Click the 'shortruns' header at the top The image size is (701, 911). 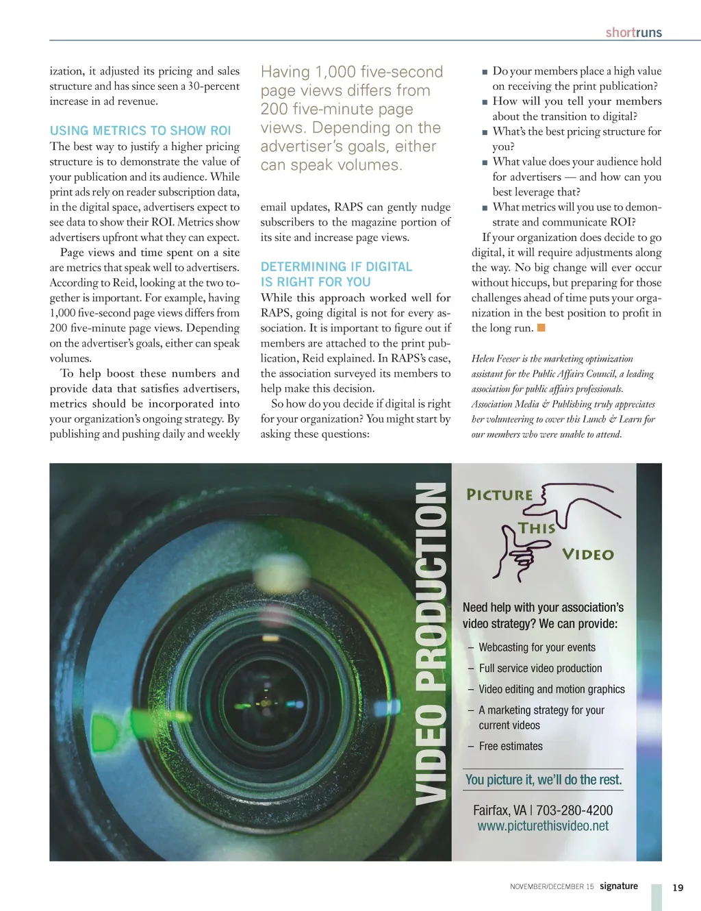[x=633, y=32]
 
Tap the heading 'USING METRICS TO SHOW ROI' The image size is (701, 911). [x=140, y=130]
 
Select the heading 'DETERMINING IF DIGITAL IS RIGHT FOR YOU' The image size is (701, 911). [x=336, y=274]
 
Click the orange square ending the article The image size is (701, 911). [x=541, y=327]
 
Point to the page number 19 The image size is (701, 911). [x=678, y=888]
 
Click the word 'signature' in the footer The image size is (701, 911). [x=619, y=886]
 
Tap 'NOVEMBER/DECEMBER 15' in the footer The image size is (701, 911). [x=552, y=886]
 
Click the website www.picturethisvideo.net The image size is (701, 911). [x=543, y=826]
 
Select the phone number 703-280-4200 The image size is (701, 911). [x=574, y=810]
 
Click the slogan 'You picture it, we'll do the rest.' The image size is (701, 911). [x=543, y=779]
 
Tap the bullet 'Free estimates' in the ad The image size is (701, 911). [x=511, y=746]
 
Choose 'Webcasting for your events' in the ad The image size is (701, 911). [x=537, y=647]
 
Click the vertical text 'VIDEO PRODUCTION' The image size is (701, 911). [x=431, y=644]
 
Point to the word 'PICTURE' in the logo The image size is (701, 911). [x=500, y=495]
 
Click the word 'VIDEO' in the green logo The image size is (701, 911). [x=587, y=554]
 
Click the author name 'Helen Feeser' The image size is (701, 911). [x=496, y=359]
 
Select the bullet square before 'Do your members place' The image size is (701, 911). [x=485, y=71]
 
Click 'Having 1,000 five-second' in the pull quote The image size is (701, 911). [x=352, y=72]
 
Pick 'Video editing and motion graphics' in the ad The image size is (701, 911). [x=552, y=689]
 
